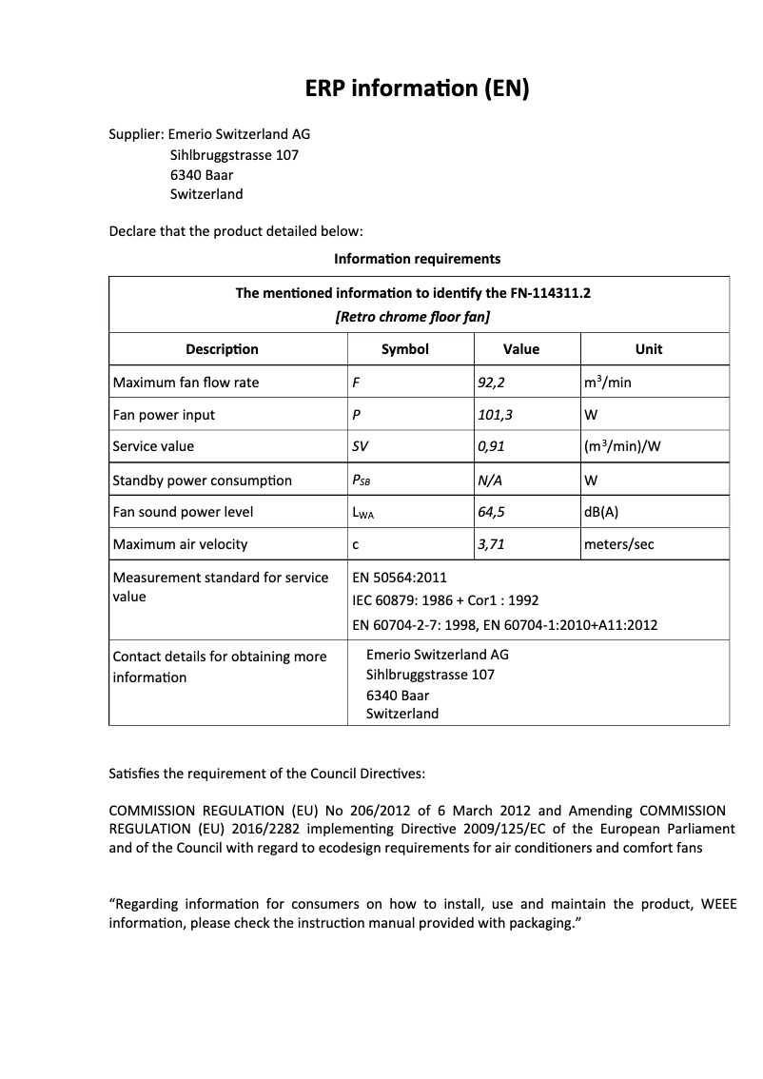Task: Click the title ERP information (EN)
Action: tap(417, 89)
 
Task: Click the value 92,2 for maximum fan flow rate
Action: tap(491, 383)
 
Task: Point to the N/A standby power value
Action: tap(490, 481)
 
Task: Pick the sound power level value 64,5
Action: tap(491, 512)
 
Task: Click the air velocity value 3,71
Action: tap(491, 544)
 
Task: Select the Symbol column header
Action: tap(405, 349)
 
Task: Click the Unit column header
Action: tap(649, 349)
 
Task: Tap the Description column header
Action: tap(222, 349)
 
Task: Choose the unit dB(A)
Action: tap(601, 512)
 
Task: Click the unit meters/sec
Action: tap(618, 544)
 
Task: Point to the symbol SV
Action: tap(361, 446)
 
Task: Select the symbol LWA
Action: tap(362, 513)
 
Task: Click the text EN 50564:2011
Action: tap(400, 578)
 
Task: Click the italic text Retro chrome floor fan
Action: tap(413, 317)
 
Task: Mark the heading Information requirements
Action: tap(417, 259)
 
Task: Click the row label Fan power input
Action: tap(164, 415)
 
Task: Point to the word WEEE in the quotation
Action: tap(717, 904)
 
